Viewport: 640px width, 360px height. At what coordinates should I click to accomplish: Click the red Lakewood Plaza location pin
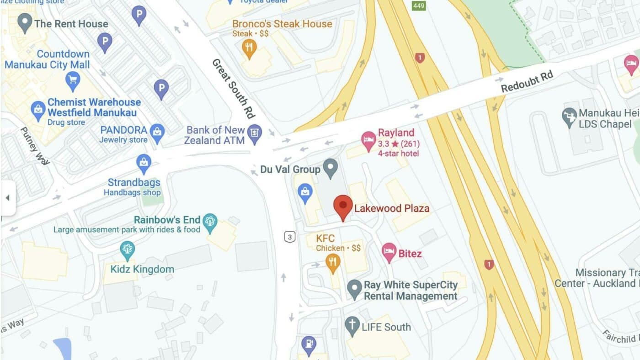342,207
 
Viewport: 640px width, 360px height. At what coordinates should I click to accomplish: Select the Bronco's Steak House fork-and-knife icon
249,47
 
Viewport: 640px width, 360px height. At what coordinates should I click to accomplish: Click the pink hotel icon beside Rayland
368,140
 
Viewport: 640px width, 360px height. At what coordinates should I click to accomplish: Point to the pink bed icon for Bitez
389,251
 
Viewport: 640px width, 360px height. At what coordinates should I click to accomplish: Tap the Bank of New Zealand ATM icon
254,133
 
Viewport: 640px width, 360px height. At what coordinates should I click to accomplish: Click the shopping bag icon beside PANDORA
157,132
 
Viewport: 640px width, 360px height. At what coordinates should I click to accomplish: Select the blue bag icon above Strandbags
144,163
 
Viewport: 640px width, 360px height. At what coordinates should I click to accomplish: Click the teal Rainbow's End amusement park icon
210,222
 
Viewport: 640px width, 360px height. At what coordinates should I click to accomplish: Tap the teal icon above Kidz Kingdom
127,249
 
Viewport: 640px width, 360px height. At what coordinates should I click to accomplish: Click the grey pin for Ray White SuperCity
354,289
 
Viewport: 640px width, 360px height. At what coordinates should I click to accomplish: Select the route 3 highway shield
289,237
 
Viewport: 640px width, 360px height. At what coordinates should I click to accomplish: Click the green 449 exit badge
418,5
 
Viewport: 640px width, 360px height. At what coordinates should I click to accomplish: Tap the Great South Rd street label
233,88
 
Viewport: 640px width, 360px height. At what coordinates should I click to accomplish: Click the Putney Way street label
35,146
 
